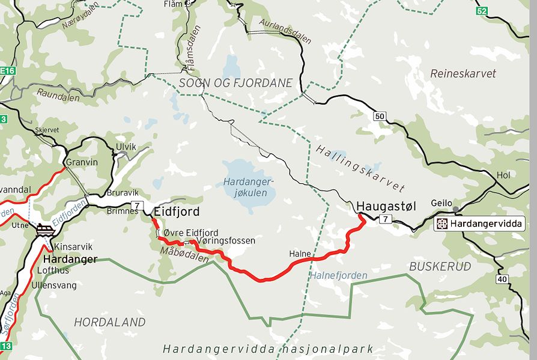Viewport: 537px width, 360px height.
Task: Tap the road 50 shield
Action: click(379, 116)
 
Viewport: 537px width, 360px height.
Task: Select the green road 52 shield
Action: click(481, 11)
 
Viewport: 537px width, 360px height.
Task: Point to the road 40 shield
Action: click(502, 278)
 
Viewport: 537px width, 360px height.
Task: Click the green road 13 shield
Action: click(6, 346)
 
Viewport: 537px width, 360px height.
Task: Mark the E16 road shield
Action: click(7, 71)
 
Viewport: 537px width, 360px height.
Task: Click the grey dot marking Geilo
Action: click(455, 209)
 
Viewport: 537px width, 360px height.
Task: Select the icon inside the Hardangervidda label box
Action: click(442, 224)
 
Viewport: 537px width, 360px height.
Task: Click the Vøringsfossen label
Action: click(226, 240)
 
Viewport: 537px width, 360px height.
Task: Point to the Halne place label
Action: click(300, 254)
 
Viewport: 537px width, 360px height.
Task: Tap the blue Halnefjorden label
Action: click(339, 275)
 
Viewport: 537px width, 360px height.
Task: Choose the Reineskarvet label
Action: click(463, 73)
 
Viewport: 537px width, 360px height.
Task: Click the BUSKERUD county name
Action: click(440, 266)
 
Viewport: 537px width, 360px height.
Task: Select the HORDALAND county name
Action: click(109, 322)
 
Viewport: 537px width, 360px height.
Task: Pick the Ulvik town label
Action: click(126, 147)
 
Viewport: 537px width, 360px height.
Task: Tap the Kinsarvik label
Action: click(74, 247)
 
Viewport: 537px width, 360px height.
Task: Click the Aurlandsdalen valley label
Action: click(285, 31)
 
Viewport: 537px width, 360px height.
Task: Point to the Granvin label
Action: click(82, 162)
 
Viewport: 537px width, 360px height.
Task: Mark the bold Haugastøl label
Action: click(386, 206)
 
